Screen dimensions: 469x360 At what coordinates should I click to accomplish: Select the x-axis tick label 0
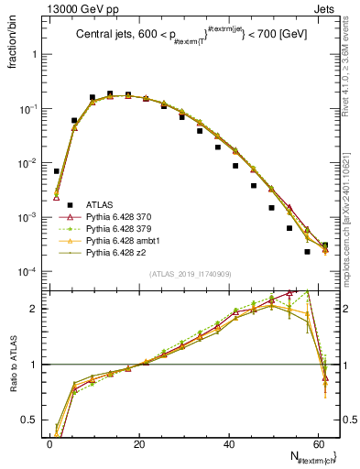point(49,443)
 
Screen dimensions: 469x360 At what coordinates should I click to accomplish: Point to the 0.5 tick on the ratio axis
point(30,420)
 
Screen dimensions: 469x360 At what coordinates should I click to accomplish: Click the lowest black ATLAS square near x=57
point(307,252)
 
